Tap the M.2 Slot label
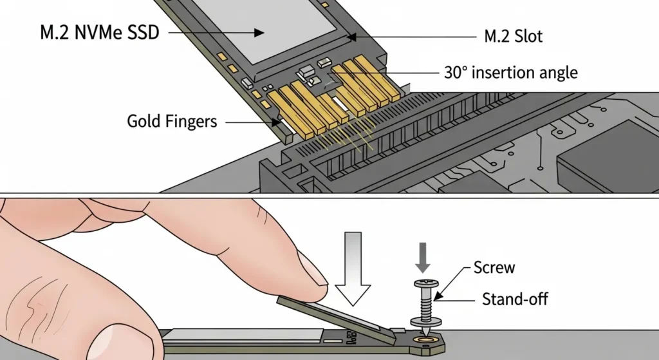(512, 37)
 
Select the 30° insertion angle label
(510, 72)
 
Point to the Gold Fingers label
(172, 120)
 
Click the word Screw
(494, 267)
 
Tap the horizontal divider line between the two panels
(329, 196)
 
